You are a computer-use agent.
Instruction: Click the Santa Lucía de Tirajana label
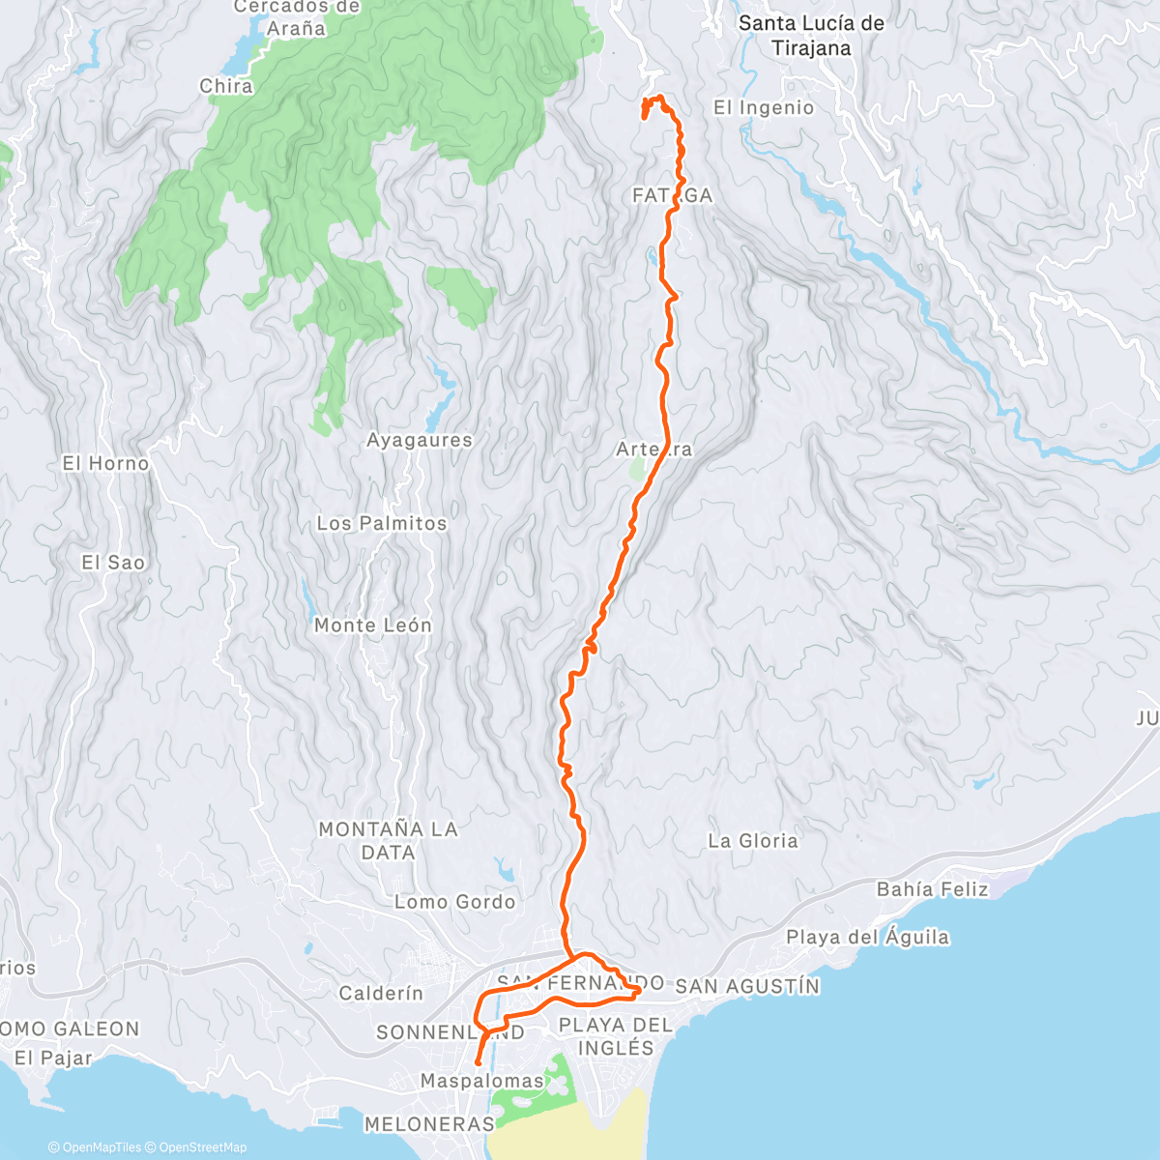(811, 36)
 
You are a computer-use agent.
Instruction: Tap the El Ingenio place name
(764, 108)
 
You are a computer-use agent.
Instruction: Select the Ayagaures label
(420, 441)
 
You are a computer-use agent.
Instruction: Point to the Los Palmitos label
(382, 524)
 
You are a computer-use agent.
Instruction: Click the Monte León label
(372, 626)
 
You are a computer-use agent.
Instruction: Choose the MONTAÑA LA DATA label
(388, 841)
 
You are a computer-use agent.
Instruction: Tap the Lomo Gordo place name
(454, 902)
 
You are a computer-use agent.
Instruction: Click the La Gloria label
(753, 841)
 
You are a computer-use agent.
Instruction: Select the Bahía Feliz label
(932, 889)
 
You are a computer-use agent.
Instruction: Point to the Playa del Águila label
(867, 938)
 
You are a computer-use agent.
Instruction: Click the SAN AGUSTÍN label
(747, 987)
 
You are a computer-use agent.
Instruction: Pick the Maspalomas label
(482, 1082)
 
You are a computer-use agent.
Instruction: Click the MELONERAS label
(429, 1124)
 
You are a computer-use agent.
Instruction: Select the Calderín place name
(381, 994)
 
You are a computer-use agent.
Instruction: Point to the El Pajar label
(53, 1058)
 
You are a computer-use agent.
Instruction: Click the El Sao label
(113, 563)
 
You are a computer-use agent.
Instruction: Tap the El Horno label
(106, 464)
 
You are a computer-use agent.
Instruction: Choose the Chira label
(226, 87)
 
